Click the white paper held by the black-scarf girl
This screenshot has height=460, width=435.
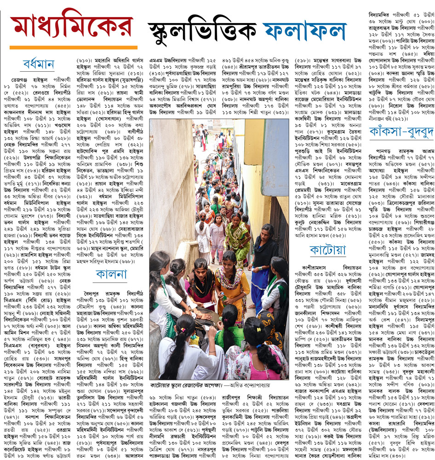208,305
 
